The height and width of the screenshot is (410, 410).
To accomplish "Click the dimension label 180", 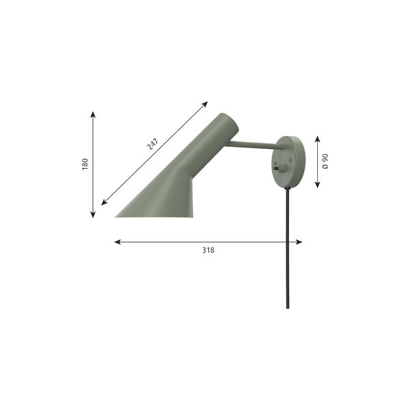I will pyautogui.click(x=85, y=164).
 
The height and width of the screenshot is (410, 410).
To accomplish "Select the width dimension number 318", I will pyautogui.click(x=208, y=250).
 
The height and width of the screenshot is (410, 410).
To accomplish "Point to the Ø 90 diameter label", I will pyautogui.click(x=326, y=162).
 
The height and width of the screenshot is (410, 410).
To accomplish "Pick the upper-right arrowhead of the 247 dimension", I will pyautogui.click(x=205, y=104).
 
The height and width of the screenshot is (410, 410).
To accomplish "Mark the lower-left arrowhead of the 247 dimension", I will pyautogui.click(x=104, y=203).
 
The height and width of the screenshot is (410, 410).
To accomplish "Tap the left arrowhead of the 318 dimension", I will pyautogui.click(x=117, y=242).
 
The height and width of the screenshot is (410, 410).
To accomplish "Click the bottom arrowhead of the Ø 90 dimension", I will pyautogui.click(x=318, y=185).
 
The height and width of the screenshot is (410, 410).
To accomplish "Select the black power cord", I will pyautogui.click(x=288, y=246).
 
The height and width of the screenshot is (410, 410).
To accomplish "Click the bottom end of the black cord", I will pyautogui.click(x=288, y=307).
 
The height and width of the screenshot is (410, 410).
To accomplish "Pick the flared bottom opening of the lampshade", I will pyautogui.click(x=154, y=216).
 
